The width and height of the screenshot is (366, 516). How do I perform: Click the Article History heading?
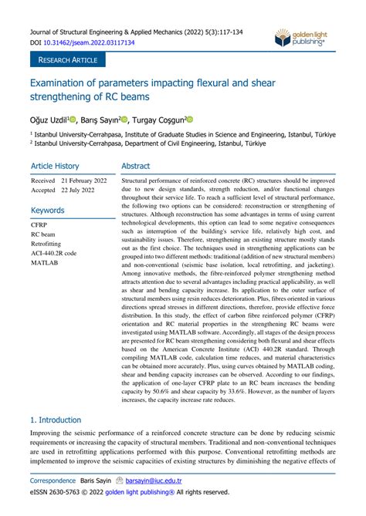55,166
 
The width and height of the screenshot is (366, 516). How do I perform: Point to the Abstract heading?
136,166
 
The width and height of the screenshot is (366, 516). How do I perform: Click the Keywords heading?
47,210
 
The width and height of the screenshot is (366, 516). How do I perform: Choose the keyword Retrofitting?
46,243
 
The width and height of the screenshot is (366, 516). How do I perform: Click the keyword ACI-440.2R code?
54,252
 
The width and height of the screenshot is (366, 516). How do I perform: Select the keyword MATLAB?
44,262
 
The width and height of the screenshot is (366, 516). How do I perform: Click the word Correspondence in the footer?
53,479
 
